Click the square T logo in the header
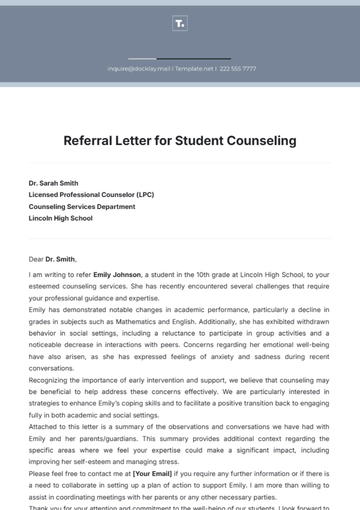[x=179, y=22]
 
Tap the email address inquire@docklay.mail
[x=139, y=69]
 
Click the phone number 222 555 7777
[x=237, y=69]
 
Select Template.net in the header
[x=195, y=69]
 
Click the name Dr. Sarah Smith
[x=53, y=183]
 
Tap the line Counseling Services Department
[x=81, y=206]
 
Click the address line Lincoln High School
[x=60, y=218]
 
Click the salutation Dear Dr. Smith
[x=52, y=259]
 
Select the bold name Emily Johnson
[x=117, y=273]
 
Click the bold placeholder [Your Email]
[x=153, y=471]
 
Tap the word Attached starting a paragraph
[x=44, y=427]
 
